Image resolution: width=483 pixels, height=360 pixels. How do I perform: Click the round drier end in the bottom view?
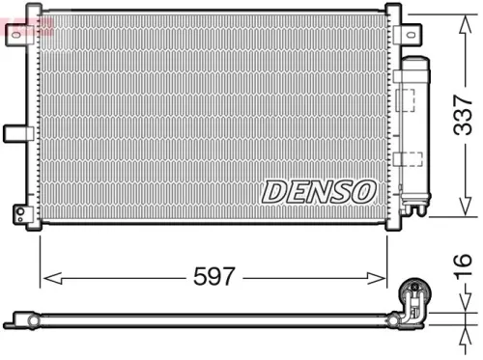[417, 288]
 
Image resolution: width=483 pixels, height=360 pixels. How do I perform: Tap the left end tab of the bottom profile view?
[21, 317]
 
